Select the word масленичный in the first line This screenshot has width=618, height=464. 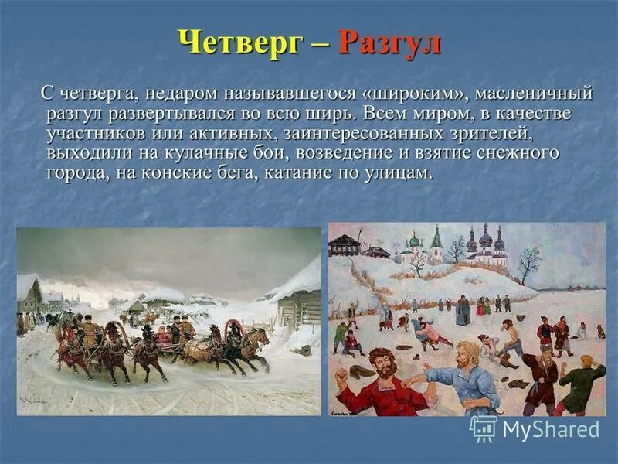pyautogui.click(x=534, y=94)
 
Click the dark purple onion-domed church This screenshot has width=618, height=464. pyautogui.click(x=487, y=241)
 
